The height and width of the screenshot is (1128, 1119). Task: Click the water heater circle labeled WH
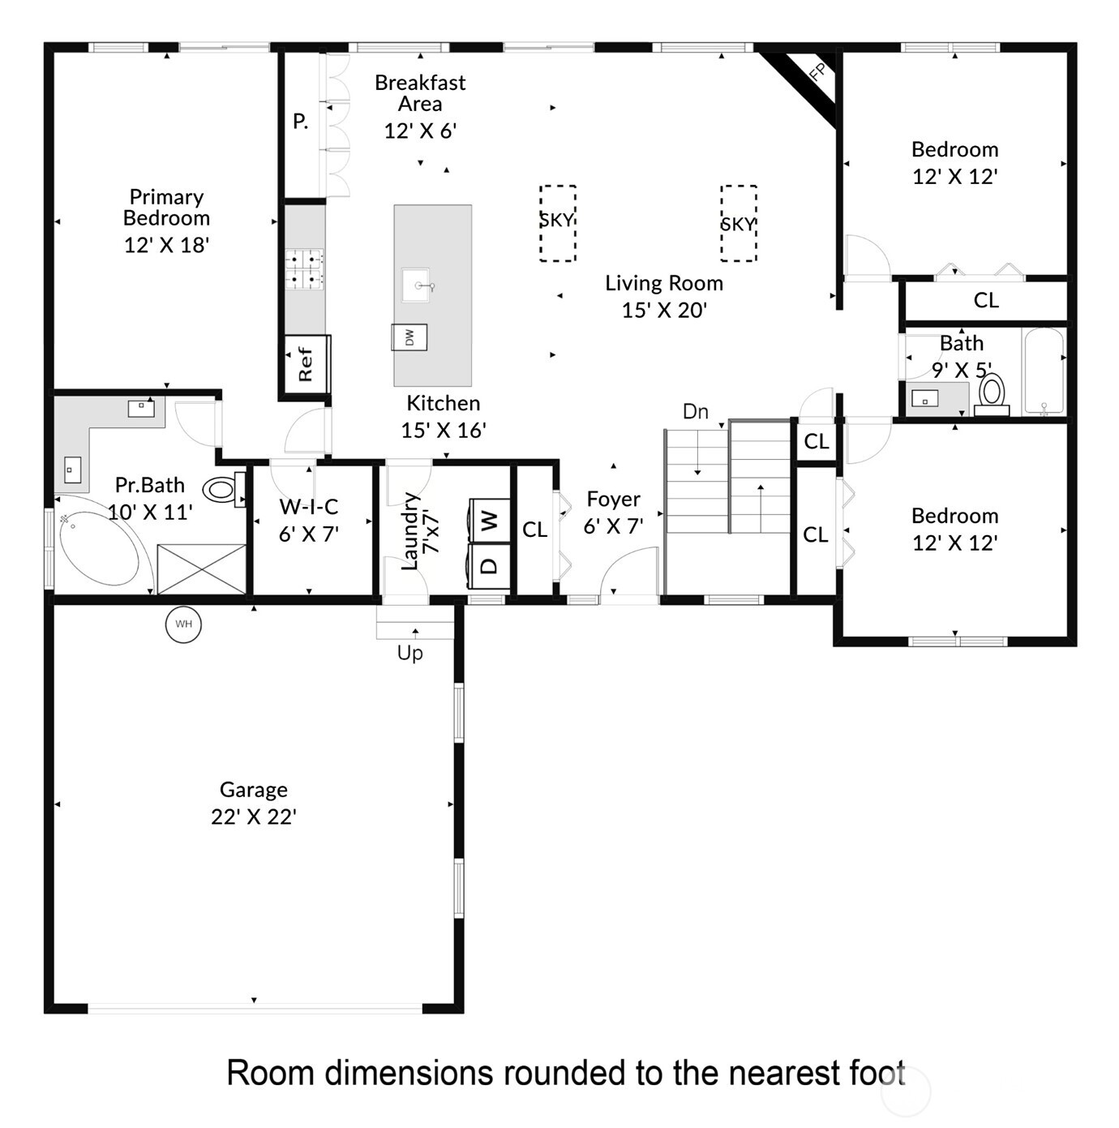pyautogui.click(x=183, y=624)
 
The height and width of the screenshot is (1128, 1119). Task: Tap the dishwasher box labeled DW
pyautogui.click(x=409, y=337)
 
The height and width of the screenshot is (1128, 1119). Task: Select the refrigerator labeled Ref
pyautogui.click(x=306, y=364)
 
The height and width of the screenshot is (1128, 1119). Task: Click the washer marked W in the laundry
pyautogui.click(x=489, y=520)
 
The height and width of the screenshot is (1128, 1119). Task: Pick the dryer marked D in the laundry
pyautogui.click(x=489, y=565)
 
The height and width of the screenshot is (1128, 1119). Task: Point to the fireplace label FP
pyautogui.click(x=818, y=72)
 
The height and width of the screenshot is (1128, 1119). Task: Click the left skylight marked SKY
pyautogui.click(x=557, y=222)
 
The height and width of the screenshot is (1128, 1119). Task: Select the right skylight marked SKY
pyautogui.click(x=738, y=224)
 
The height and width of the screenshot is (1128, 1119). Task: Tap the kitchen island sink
pyautogui.click(x=419, y=285)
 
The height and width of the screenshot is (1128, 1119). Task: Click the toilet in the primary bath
pyautogui.click(x=221, y=489)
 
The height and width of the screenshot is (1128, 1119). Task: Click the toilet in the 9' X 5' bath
pyautogui.click(x=991, y=392)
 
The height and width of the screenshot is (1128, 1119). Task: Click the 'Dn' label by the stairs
pyautogui.click(x=695, y=412)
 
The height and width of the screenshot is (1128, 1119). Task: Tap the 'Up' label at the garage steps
pyautogui.click(x=409, y=653)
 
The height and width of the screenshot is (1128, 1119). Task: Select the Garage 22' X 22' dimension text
pyautogui.click(x=254, y=817)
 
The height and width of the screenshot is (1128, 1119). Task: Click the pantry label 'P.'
pyautogui.click(x=300, y=122)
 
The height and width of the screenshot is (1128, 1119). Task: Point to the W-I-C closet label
pyautogui.click(x=308, y=508)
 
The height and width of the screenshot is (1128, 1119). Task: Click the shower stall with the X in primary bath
pyautogui.click(x=201, y=569)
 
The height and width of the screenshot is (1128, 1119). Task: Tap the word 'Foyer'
pyautogui.click(x=613, y=500)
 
